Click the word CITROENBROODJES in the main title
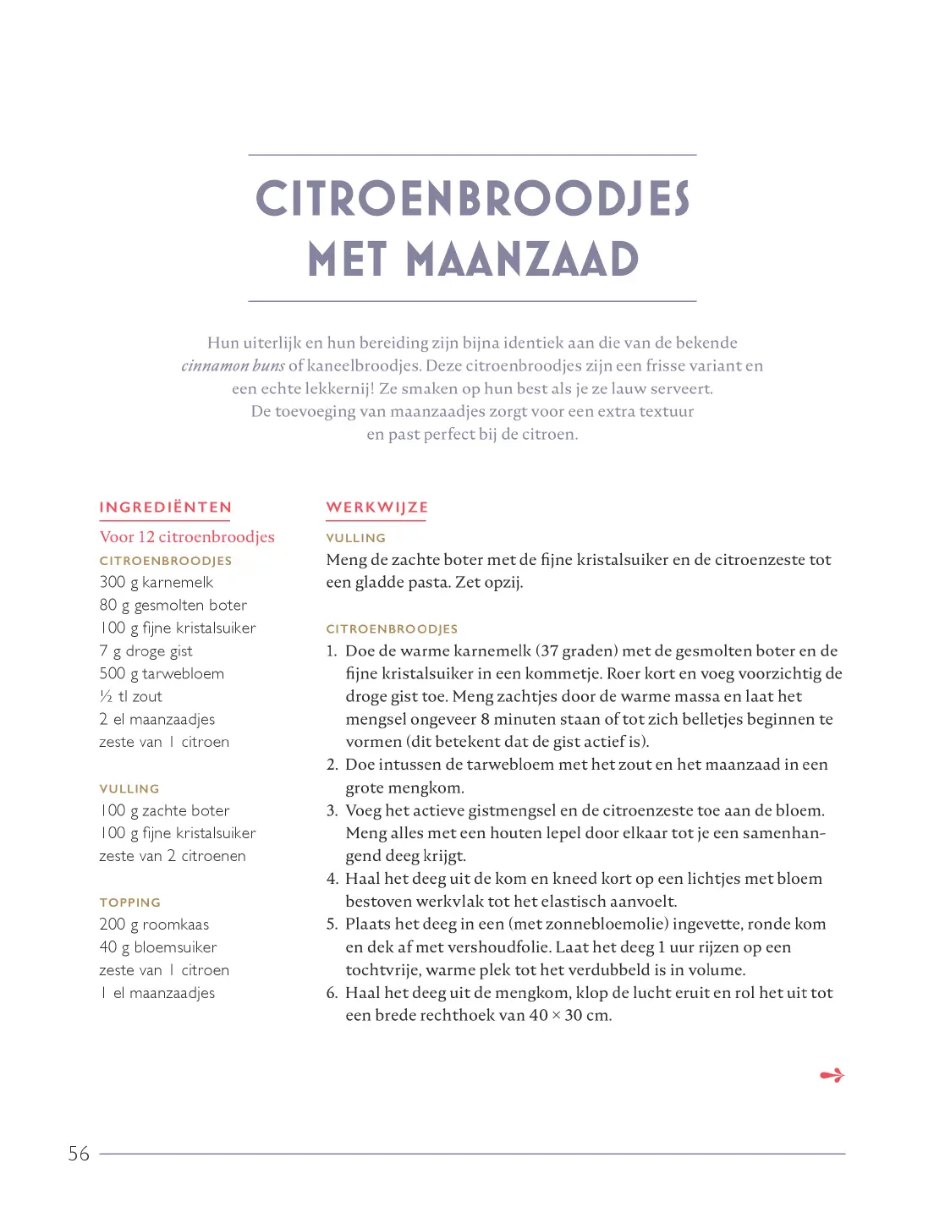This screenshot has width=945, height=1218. click(x=472, y=199)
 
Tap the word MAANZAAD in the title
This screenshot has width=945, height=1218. click(x=522, y=259)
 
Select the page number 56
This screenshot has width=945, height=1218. click(x=79, y=1154)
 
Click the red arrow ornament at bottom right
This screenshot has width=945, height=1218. click(x=832, y=1075)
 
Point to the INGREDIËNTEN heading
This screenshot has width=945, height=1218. click(x=165, y=507)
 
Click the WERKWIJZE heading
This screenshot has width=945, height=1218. click(x=376, y=507)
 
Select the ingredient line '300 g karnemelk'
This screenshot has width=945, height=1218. click(x=157, y=582)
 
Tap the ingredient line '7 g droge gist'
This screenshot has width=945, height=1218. click(x=146, y=650)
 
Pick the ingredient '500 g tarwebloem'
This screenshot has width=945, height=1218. click(x=162, y=673)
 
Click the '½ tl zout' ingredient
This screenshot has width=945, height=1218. click(x=131, y=696)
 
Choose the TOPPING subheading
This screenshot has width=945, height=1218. click(x=129, y=903)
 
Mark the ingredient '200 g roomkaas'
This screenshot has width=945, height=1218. click(x=154, y=924)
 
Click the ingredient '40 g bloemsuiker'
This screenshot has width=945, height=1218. click(x=158, y=947)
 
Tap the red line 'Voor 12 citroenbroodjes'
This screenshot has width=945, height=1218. click(x=187, y=536)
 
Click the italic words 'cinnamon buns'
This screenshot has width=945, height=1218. click(x=233, y=365)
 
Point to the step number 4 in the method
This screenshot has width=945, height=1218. click(x=332, y=879)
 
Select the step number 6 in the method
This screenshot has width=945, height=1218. click(x=332, y=993)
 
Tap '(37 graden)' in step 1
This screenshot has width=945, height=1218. click(x=576, y=650)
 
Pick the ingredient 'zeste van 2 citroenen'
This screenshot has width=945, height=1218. click(x=173, y=856)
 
